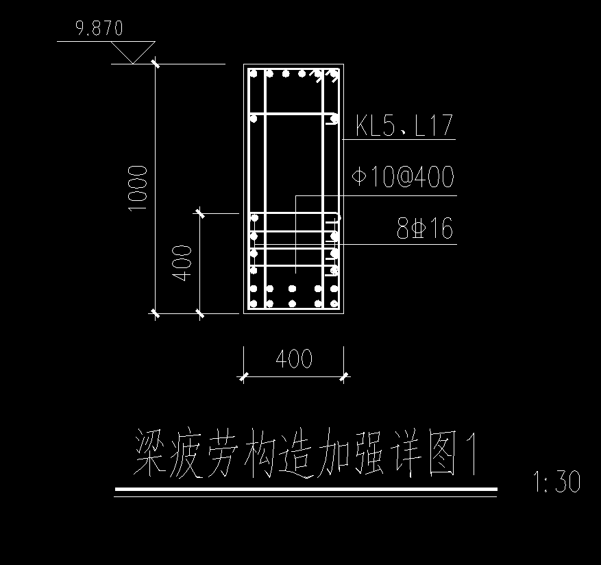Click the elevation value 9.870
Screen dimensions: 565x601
pyautogui.click(x=100, y=28)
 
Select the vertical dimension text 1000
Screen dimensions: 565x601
pyautogui.click(x=138, y=188)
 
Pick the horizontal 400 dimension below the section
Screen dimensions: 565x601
pyautogui.click(x=293, y=359)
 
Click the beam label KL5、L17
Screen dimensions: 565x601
pyautogui.click(x=404, y=126)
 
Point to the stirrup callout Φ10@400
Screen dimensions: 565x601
pyautogui.click(x=403, y=178)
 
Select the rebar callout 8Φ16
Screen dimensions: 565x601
pyautogui.click(x=425, y=229)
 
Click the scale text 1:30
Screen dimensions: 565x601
pyautogui.click(x=556, y=482)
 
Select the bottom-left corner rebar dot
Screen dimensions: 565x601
pyautogui.click(x=254, y=303)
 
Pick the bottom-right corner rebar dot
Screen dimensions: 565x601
pyautogui.click(x=334, y=303)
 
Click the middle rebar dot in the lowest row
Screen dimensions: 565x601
pyautogui.click(x=293, y=303)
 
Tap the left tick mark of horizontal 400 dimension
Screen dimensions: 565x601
pyautogui.click(x=243, y=376)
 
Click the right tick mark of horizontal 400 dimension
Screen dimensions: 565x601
pyautogui.click(x=343, y=376)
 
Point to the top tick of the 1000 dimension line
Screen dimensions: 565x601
pyautogui.click(x=156, y=64)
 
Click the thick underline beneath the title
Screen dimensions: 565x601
pyautogui.click(x=306, y=489)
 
